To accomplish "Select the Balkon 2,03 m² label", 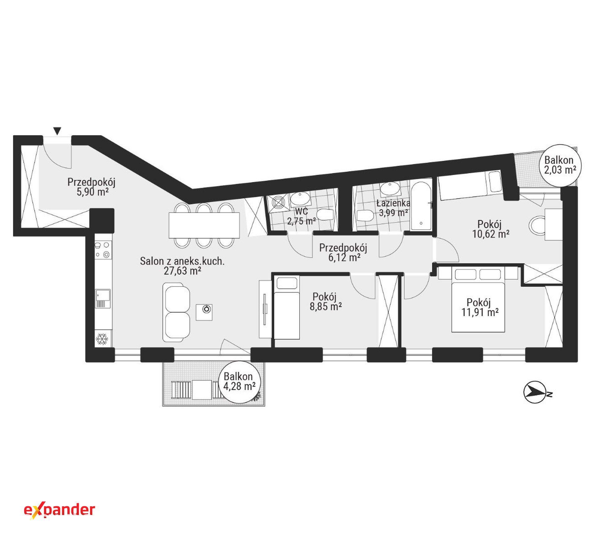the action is tap(559, 165).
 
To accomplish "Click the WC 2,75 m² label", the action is tap(301, 216).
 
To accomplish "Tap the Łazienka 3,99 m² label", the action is tap(393, 208).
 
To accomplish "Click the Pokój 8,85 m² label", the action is tap(326, 301).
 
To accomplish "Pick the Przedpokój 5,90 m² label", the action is tap(91, 187).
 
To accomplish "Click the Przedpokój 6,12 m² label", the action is tap(343, 252).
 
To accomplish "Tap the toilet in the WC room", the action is tap(326, 214).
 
